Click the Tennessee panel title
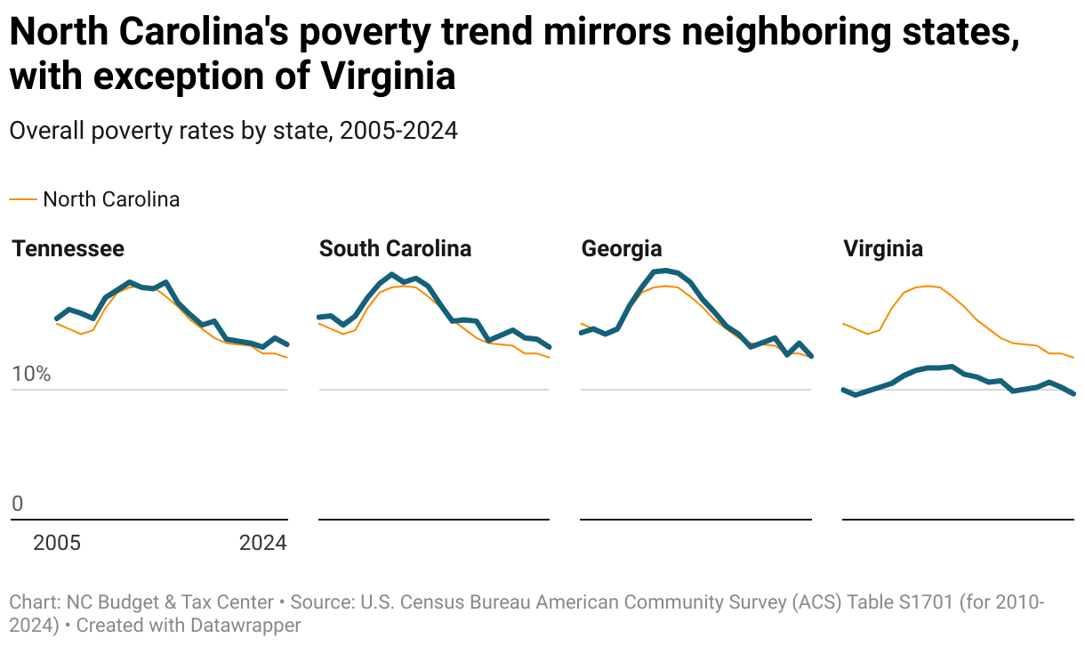click(x=68, y=248)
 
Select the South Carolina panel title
click(x=395, y=248)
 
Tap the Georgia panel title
click(x=621, y=248)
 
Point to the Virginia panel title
click(x=882, y=248)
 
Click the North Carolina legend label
click(x=111, y=199)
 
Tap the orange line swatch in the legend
click(x=23, y=199)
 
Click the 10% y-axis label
click(x=31, y=374)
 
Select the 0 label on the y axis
click(x=17, y=505)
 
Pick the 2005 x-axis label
click(x=57, y=543)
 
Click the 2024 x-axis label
click(x=262, y=543)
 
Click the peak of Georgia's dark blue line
click(x=665, y=270)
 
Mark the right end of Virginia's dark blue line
click(x=1074, y=393)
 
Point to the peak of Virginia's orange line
click(x=928, y=286)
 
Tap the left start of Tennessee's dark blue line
click(x=57, y=319)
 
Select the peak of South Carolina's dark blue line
click(x=391, y=275)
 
